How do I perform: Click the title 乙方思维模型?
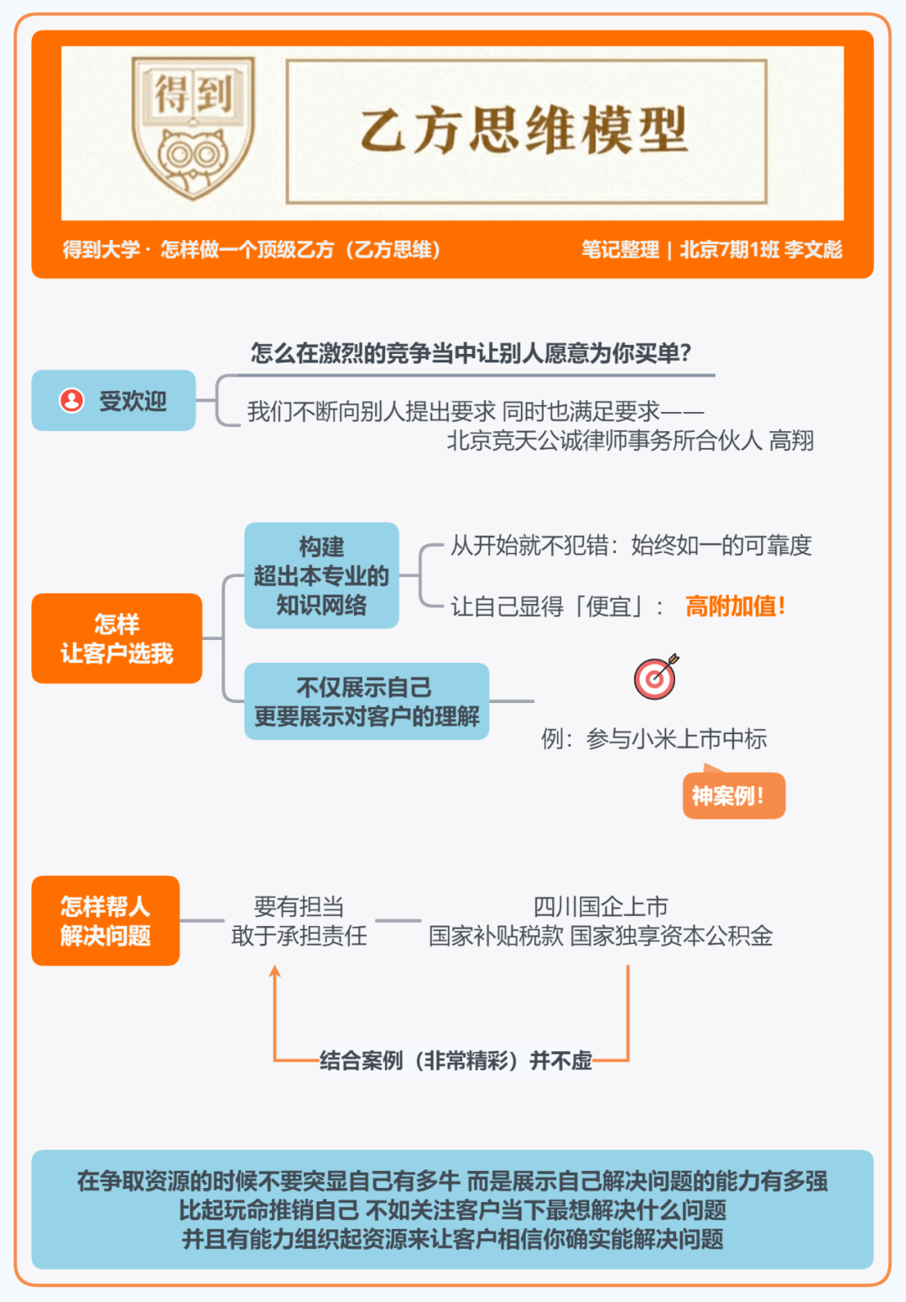(x=524, y=131)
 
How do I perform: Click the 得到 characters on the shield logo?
(x=193, y=92)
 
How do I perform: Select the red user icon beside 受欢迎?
(x=71, y=400)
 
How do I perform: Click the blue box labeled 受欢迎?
(x=113, y=400)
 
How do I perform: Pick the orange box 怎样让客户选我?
(x=117, y=638)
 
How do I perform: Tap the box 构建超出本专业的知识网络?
(x=321, y=575)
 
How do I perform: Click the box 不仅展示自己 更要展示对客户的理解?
(x=367, y=701)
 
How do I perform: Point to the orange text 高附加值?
(x=735, y=607)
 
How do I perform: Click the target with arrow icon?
(x=656, y=677)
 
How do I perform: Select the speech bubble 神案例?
(x=734, y=794)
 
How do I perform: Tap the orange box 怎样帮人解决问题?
(x=105, y=920)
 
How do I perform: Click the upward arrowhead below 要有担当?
(x=275, y=971)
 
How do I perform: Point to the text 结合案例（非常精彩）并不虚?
(x=456, y=1060)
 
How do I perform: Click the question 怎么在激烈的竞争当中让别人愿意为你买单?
(x=471, y=353)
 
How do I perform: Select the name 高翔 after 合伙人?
(x=791, y=440)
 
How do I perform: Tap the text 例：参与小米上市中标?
(x=653, y=739)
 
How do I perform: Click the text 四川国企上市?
(x=601, y=906)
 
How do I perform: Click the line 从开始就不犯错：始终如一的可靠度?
(x=631, y=545)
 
